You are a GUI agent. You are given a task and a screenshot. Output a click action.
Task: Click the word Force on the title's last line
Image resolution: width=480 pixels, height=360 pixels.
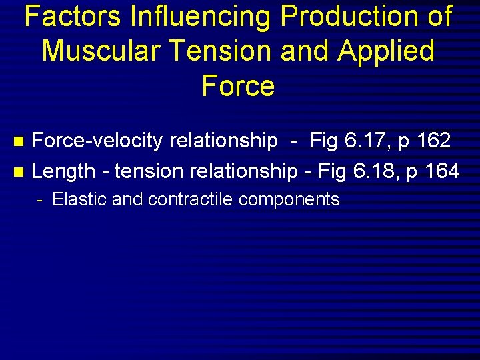239,86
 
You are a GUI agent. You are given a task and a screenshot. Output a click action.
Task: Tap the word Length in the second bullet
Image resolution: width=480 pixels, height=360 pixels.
63,171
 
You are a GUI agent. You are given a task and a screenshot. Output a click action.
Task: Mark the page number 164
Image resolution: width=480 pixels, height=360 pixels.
441,171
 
